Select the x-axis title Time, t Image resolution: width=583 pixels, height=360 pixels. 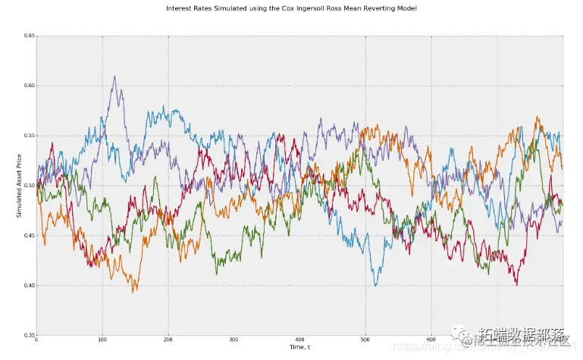point(299,346)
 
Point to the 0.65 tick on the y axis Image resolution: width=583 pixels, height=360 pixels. point(28,36)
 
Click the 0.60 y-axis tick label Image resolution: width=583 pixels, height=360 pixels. point(28,86)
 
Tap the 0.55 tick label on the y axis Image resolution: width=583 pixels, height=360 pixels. point(28,136)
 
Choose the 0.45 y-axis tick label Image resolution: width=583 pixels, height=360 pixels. point(28,236)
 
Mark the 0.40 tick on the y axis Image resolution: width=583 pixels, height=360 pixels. point(28,286)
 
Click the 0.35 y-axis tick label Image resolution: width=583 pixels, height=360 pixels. point(28,335)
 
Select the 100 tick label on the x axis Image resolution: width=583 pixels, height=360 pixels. point(102,340)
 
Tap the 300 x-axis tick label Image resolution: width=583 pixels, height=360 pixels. point(234,340)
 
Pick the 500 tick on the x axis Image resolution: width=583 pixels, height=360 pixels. point(365,340)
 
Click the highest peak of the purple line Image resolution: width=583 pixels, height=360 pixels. point(114,76)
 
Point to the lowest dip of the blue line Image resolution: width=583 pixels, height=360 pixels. point(376,285)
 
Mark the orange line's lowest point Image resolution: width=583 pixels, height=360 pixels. point(134,292)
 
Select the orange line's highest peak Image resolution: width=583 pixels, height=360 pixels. point(538,117)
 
